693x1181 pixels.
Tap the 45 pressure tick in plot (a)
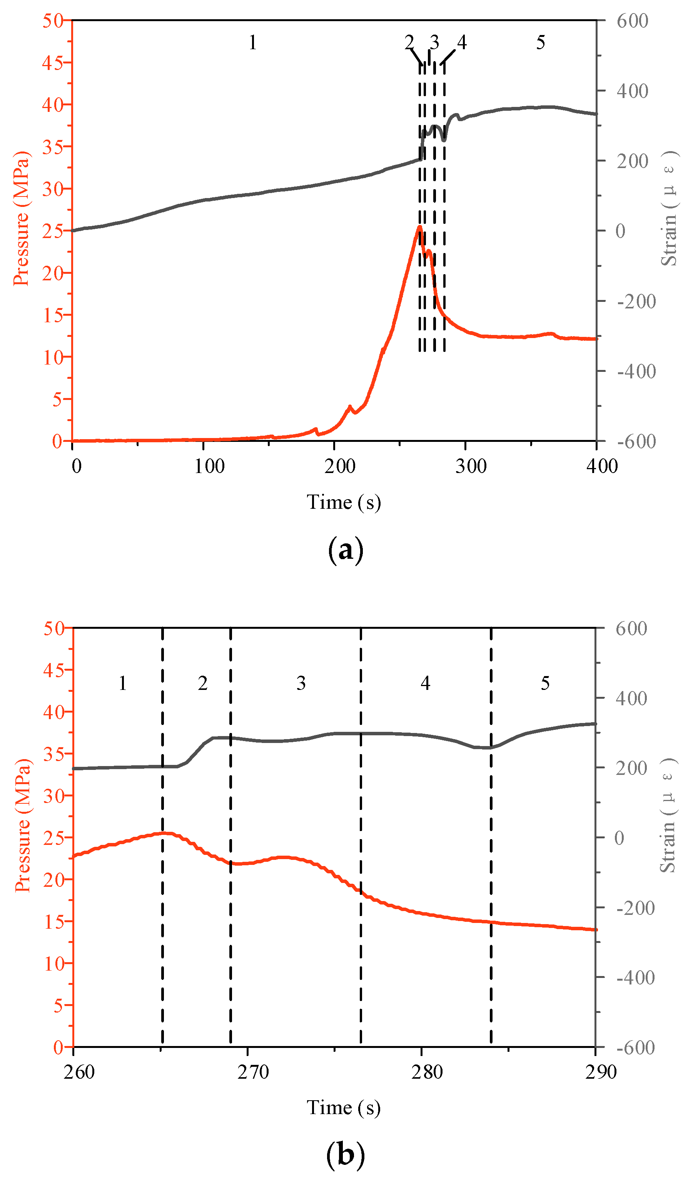click(52, 62)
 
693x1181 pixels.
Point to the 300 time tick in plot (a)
click(471, 466)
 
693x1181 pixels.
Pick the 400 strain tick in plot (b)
click(631, 699)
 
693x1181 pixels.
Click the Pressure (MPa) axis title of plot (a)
click(21, 218)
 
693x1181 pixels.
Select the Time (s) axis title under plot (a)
click(344, 502)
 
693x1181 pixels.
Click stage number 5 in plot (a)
click(541, 43)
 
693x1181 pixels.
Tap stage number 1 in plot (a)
click(253, 43)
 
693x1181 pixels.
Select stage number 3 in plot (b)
click(301, 683)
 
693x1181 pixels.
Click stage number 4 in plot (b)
click(425, 683)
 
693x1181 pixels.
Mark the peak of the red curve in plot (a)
click(420, 227)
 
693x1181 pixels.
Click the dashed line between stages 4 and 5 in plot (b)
click(491, 844)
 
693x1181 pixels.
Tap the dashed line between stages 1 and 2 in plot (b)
click(162, 844)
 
